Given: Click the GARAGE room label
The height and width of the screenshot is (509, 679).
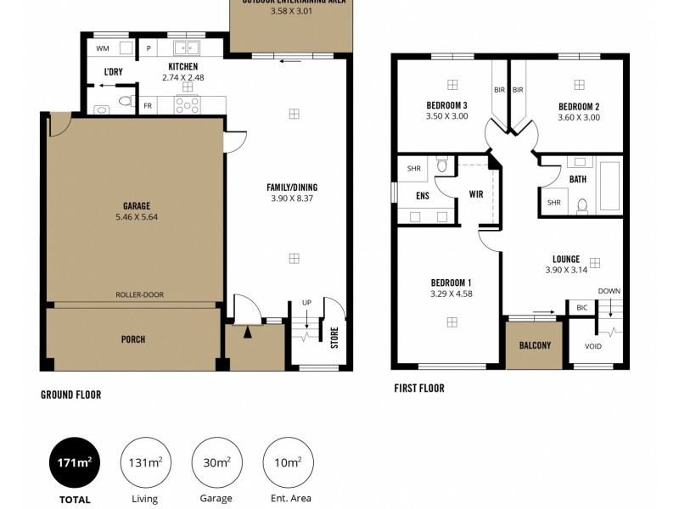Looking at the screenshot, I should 136,205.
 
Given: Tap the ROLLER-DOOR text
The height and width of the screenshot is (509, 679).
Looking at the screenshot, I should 140,295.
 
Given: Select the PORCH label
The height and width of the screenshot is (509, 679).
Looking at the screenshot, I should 133,339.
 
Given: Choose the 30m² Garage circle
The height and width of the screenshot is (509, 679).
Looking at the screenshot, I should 216,462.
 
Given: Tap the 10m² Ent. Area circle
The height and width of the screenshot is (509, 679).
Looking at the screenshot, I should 287,462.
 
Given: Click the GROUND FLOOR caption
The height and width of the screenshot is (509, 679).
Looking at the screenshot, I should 70,394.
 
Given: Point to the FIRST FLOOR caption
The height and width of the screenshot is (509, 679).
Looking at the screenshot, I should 418,389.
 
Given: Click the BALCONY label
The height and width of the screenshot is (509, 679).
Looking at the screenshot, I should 535,345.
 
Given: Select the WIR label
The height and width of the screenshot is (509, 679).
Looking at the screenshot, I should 476,194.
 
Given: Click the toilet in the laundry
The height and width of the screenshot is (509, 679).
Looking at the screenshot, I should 125,102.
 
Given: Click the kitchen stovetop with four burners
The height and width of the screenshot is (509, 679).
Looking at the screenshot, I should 188,104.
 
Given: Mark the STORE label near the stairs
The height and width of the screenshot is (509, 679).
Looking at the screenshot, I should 334,338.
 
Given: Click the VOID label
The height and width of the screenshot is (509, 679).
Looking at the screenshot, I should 594,346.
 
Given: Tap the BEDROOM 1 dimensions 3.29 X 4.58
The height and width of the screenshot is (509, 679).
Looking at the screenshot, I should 451,294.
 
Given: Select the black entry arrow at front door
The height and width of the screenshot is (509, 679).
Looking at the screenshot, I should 248,333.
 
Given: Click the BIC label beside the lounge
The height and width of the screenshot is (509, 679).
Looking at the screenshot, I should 581,307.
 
